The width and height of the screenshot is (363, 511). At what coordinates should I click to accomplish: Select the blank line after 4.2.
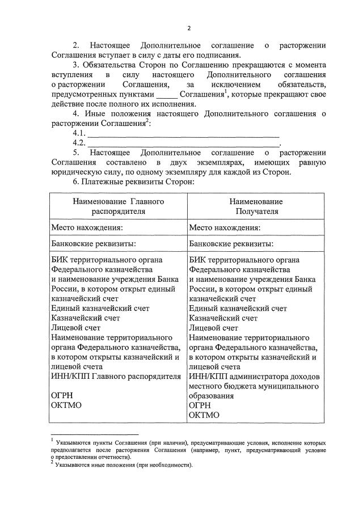pyautogui.click(x=183, y=143)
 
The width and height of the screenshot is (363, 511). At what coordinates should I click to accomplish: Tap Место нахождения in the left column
pyautogui.click(x=87, y=227)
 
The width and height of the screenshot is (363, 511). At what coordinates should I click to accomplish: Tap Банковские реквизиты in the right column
pyautogui.click(x=231, y=244)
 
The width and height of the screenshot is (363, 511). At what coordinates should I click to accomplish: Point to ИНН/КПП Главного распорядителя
pyautogui.click(x=116, y=376)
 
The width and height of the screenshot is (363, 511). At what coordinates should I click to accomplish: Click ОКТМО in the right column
pyautogui.click(x=204, y=415)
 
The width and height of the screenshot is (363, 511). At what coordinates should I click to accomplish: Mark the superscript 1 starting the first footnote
pyautogui.click(x=52, y=440)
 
